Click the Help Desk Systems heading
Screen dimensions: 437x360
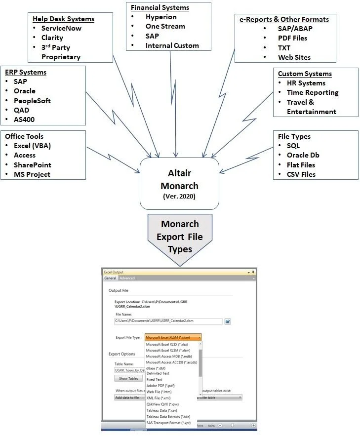pos(63,19)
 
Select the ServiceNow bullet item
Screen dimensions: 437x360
pos(61,28)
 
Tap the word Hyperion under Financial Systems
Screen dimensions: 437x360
pos(161,17)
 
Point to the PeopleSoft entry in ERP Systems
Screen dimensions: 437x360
pos(32,101)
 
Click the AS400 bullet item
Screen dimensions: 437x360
pos(24,119)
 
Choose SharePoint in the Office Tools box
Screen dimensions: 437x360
pos(32,165)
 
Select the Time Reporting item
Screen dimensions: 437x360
pos(313,92)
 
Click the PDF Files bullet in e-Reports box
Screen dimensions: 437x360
pos(292,38)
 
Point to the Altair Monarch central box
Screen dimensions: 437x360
pos(179,183)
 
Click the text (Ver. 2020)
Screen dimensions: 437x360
pos(179,197)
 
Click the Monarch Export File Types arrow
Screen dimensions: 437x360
pos(180,237)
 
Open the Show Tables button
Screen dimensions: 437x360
pos(128,379)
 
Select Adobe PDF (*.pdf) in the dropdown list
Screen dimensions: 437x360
pos(160,386)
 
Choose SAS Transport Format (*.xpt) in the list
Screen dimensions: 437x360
pos(168,423)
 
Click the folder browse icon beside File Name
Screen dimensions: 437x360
pos(228,321)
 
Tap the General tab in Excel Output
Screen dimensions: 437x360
pos(110,278)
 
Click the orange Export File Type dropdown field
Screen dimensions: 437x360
pos(173,337)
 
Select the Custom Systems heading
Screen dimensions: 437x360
pos(305,74)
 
